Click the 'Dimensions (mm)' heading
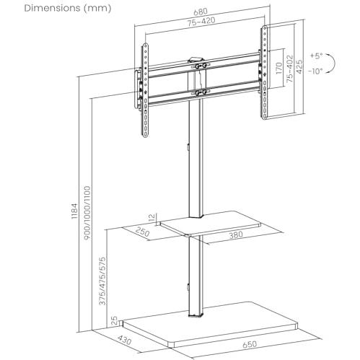pos(68,9)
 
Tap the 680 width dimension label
pos(200,12)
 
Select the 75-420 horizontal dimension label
pos(201,22)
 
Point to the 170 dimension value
pos(278,68)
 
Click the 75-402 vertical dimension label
pos(290,69)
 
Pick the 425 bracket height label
pos(299,66)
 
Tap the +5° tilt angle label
pos(316,56)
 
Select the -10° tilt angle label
pos(315,71)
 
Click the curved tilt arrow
pos(335,63)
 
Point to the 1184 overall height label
pos(74,211)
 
